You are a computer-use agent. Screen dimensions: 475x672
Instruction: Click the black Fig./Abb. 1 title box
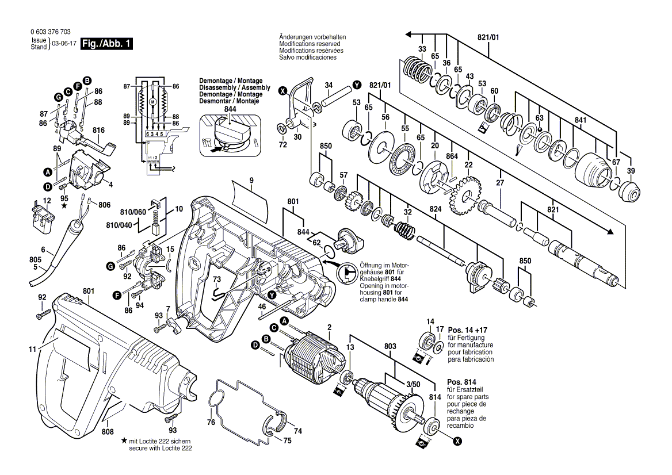[x=106, y=44]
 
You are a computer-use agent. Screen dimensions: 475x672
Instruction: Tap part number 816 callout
[x=99, y=131]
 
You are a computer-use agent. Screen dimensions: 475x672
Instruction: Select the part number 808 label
[x=107, y=431]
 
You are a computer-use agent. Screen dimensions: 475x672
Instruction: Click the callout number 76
[x=211, y=422]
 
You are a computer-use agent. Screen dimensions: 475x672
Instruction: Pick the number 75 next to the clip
[x=288, y=440]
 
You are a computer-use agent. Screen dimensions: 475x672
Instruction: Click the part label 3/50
[x=413, y=384]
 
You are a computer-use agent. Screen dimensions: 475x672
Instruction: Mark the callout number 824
[x=436, y=210]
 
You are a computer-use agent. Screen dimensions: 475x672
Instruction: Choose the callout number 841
[x=581, y=120]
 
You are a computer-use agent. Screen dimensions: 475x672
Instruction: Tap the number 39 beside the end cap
[x=631, y=172]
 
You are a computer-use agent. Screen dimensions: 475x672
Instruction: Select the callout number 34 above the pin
[x=329, y=85]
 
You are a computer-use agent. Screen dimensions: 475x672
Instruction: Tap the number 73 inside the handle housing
[x=216, y=279]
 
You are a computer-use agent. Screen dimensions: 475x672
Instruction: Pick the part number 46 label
[x=262, y=307]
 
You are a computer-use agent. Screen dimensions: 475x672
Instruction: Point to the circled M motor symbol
[x=153, y=102]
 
